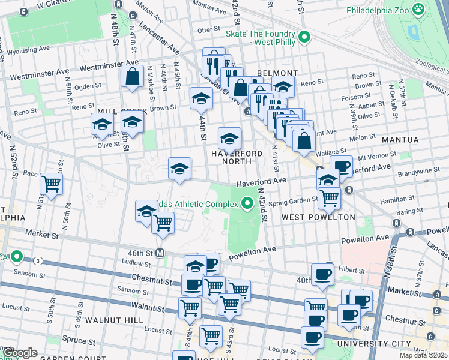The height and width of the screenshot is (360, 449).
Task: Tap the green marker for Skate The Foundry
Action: pyautogui.click(x=304, y=37)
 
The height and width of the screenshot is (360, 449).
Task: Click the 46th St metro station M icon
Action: pyautogui.click(x=160, y=253)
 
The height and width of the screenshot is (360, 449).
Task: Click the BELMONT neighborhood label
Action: pyautogui.click(x=273, y=73)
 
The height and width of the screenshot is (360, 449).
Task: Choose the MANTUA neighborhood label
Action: pyautogui.click(x=399, y=139)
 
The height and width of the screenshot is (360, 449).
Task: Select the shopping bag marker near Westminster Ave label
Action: pyautogui.click(x=131, y=76)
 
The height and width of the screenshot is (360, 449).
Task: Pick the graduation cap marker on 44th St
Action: pyautogui.click(x=201, y=98)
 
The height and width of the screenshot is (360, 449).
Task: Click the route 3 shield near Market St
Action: pyautogui.click(x=37, y=260)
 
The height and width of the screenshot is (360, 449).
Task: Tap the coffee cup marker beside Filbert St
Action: pyautogui.click(x=322, y=274)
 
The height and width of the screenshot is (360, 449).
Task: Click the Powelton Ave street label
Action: pyautogui.click(x=366, y=239)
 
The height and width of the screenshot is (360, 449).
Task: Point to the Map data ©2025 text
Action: pyautogui.click(x=423, y=355)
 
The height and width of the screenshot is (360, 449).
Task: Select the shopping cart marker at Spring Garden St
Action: pyautogui.click(x=328, y=196)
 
